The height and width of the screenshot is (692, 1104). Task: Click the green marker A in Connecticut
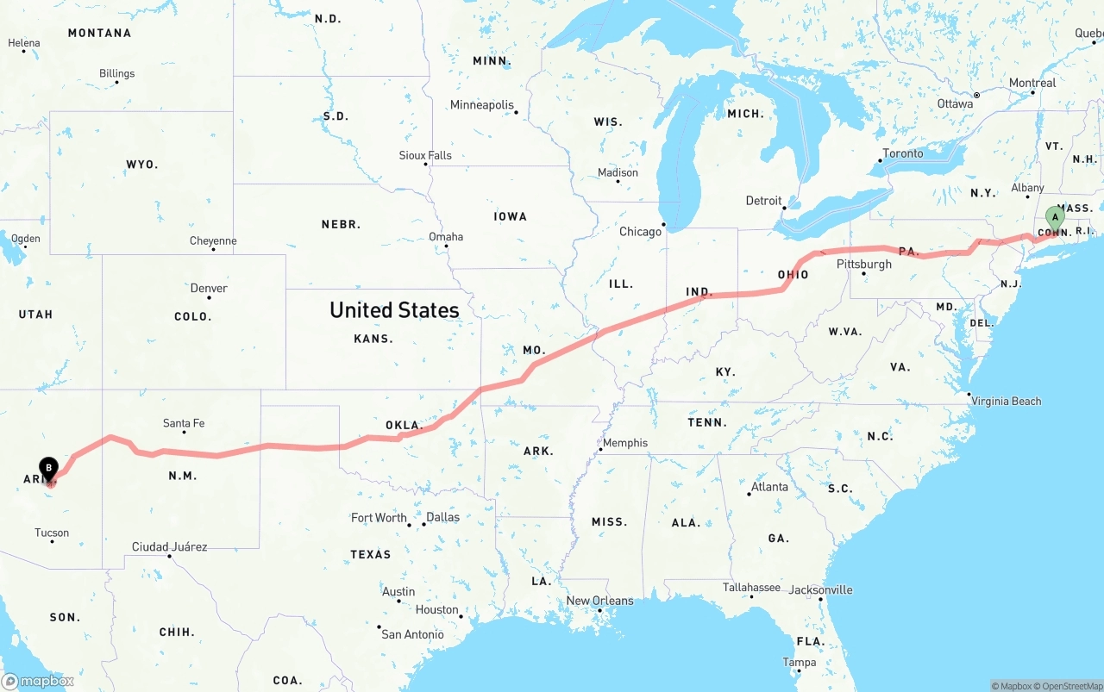coord(1054,217)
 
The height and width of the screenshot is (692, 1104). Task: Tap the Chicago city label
coord(640,232)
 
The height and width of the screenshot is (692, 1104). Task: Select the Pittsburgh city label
coord(863,264)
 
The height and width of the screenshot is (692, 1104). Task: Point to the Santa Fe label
coord(184,423)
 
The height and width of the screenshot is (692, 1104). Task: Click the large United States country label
coord(394,310)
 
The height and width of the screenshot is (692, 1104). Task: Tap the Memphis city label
coord(625,443)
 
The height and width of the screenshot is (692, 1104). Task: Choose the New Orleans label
coord(599,601)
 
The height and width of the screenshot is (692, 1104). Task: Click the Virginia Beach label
coord(1006,401)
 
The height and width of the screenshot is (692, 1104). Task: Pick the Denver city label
coord(209,288)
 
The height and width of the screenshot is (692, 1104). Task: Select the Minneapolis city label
coord(481,105)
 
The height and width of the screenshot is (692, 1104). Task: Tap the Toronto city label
coord(903,153)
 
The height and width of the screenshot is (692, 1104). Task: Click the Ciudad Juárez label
coord(169,546)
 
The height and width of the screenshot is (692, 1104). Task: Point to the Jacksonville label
coord(820,589)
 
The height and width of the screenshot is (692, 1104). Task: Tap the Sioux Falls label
coord(425,155)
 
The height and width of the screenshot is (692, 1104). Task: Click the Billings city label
coord(116,73)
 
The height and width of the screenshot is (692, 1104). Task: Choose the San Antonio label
coord(412,634)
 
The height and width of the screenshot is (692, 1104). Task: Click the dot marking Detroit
coord(783,208)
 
